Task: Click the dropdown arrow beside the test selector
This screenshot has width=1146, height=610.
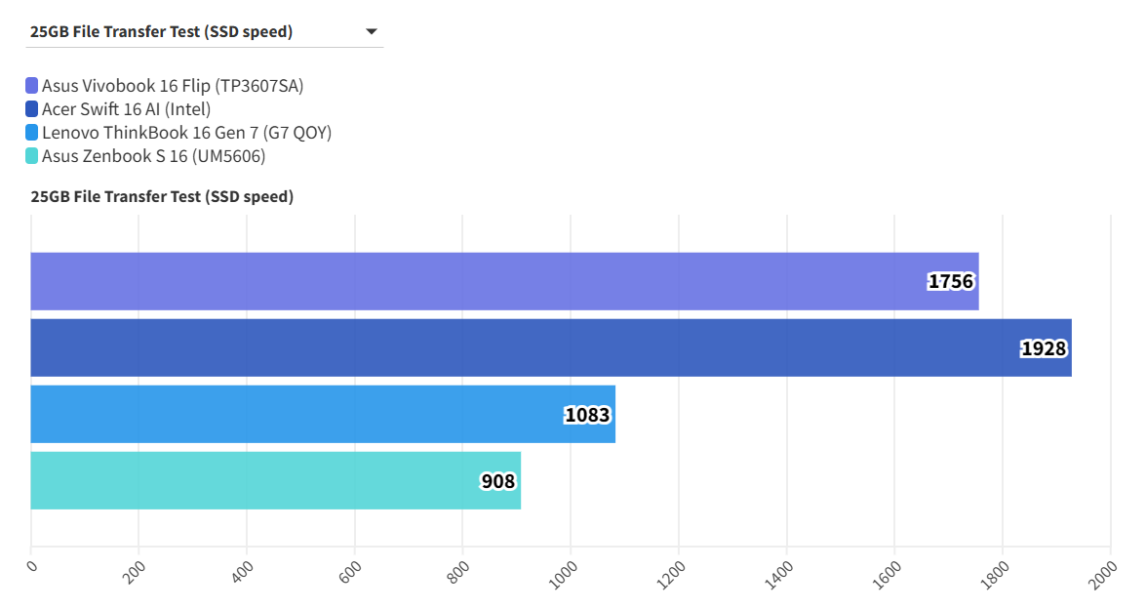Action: coord(372,32)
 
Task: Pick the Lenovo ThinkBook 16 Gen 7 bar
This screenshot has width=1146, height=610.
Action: coord(323,414)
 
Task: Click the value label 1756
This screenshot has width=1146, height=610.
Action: coord(951,282)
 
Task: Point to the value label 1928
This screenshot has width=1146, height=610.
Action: coord(1044,348)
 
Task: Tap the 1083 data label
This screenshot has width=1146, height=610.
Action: coord(587,415)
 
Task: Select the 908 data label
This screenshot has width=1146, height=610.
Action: coord(498,481)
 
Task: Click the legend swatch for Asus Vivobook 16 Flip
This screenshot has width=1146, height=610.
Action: coord(32,86)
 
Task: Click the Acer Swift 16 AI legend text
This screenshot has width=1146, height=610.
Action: coord(126,109)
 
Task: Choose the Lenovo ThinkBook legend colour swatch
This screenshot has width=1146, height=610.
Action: coord(32,133)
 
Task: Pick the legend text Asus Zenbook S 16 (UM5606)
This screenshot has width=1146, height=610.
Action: coord(153,156)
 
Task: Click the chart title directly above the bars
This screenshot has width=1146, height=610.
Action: coord(162,196)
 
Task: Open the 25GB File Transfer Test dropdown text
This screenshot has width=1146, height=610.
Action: coord(161,31)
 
